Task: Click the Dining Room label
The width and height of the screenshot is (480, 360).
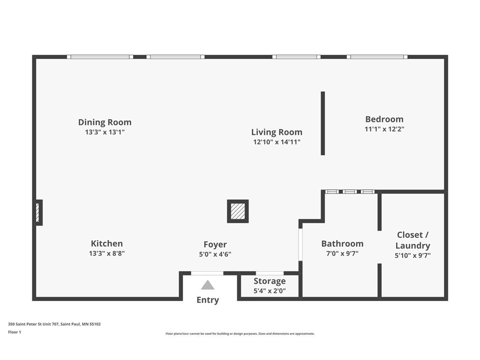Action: [105, 122]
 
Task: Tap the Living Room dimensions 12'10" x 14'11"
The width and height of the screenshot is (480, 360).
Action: [277, 142]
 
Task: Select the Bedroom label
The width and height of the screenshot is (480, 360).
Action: [384, 119]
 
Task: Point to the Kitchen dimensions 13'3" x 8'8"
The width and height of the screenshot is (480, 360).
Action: [107, 254]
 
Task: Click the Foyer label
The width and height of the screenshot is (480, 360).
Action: [215, 244]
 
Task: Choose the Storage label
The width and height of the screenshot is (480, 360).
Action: [270, 281]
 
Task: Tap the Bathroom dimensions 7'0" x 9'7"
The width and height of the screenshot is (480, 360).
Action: [342, 254]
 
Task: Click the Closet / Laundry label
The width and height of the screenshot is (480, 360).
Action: [412, 240]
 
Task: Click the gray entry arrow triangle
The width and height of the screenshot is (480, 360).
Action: [208, 285]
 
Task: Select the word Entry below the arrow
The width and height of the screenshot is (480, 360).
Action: [208, 300]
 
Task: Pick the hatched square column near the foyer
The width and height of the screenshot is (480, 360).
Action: [238, 211]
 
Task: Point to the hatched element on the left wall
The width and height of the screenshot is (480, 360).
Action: [38, 212]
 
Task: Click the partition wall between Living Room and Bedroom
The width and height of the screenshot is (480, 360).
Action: [322, 123]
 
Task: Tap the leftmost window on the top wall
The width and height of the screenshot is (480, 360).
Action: [99, 57]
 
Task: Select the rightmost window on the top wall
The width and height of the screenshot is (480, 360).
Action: [377, 57]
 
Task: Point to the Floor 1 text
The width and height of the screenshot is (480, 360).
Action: [15, 332]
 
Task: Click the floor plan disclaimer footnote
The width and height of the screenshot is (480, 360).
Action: [240, 334]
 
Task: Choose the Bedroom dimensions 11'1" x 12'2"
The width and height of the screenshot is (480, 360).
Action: [384, 129]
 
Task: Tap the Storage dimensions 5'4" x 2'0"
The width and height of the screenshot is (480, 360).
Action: [270, 291]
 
